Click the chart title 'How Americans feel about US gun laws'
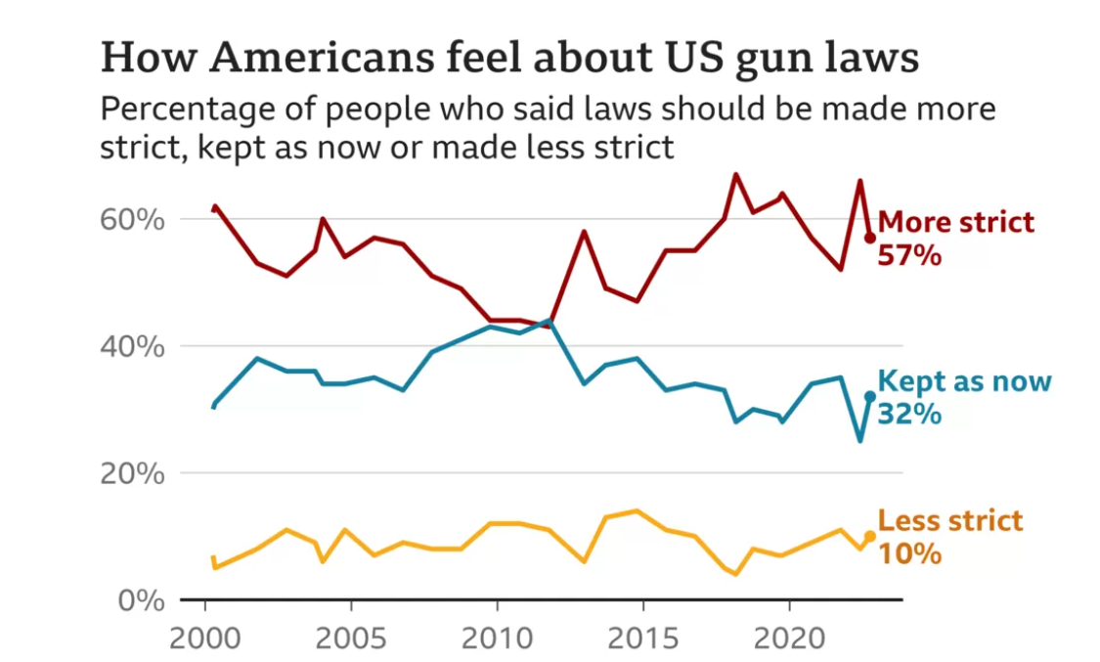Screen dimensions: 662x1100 point(509,59)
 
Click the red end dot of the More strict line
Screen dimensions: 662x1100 point(870,238)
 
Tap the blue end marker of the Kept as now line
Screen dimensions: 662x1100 point(870,396)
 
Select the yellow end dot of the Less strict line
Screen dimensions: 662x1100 point(870,536)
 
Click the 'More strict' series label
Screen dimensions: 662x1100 point(956,222)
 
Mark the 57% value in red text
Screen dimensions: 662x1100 point(909,256)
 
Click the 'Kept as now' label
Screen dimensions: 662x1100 point(964,381)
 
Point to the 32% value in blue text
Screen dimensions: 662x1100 point(909,415)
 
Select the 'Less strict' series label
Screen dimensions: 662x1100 point(950,520)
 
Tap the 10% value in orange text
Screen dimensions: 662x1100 point(909,553)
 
